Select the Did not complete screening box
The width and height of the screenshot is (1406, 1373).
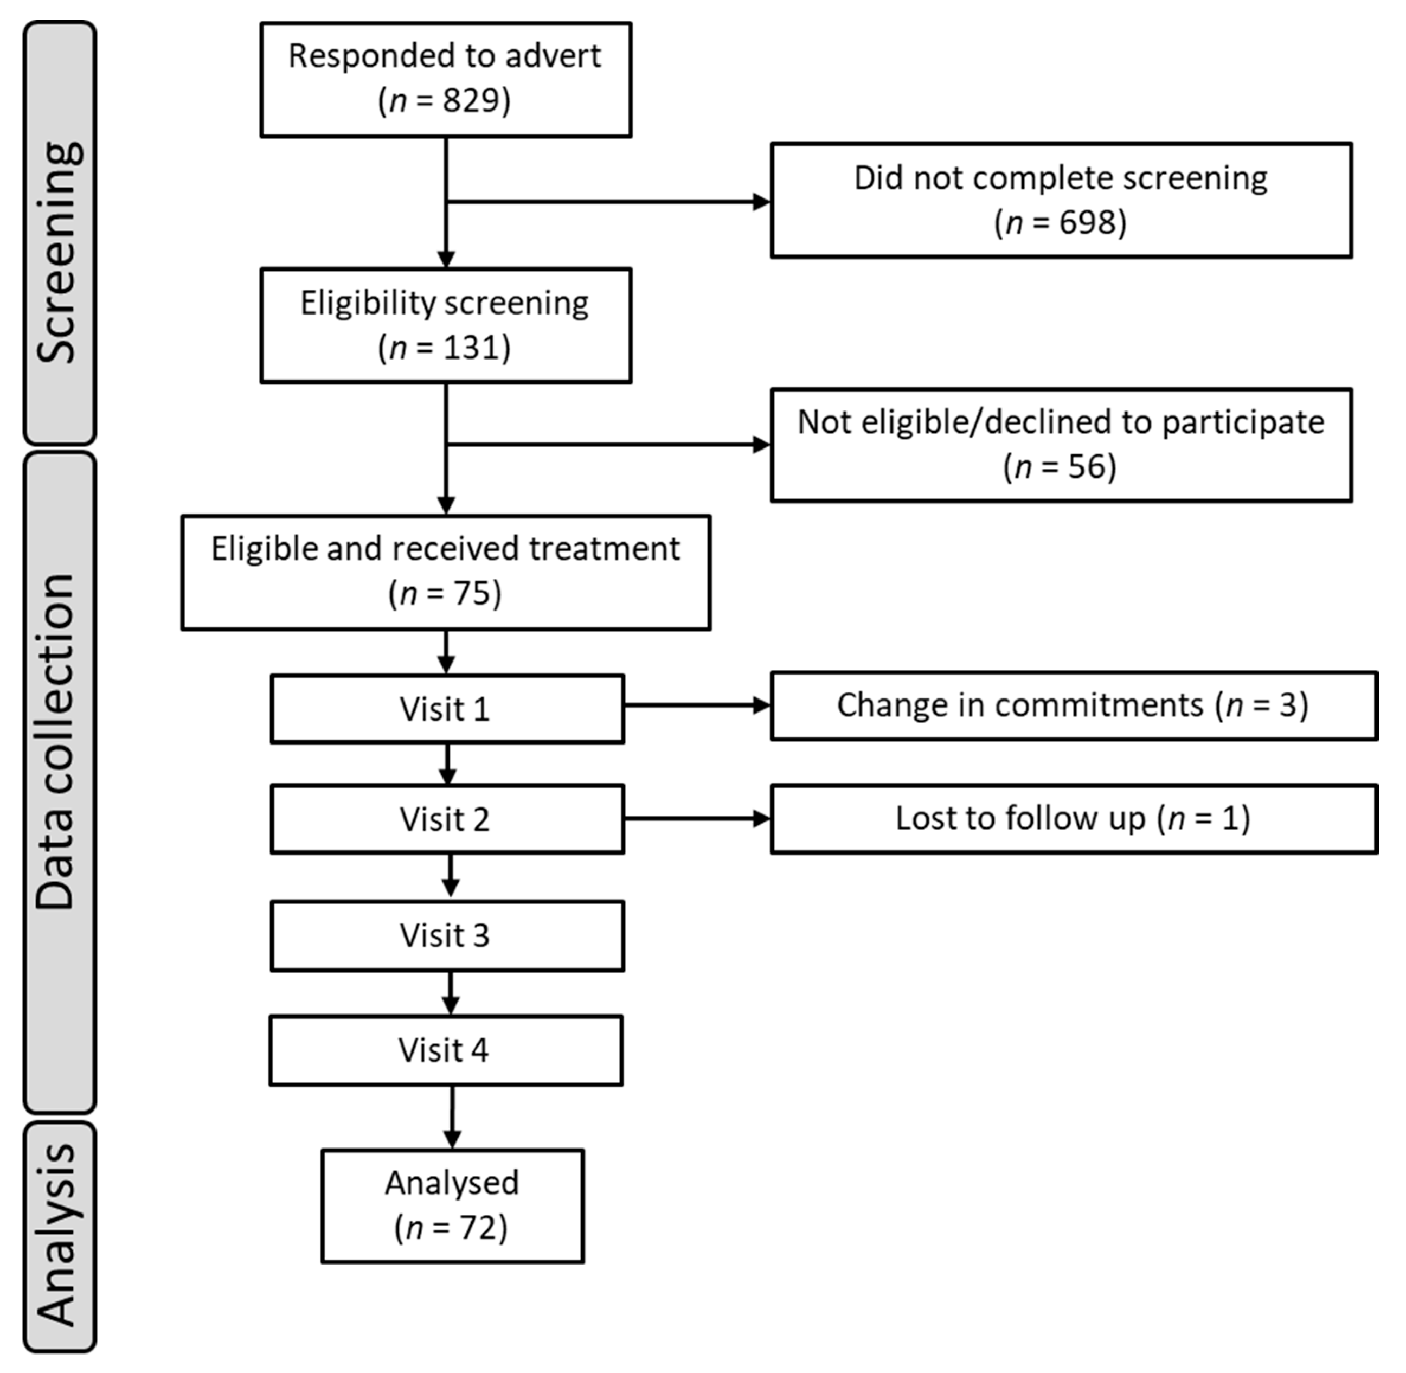[x=1061, y=201]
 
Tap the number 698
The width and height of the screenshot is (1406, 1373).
[x=1087, y=222]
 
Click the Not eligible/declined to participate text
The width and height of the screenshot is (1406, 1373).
[x=1061, y=422]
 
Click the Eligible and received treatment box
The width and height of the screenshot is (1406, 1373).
[x=446, y=572]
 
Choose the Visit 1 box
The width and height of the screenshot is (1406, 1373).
[x=447, y=709]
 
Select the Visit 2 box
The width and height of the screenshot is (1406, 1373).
[x=447, y=819]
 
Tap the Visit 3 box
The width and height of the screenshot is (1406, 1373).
[x=447, y=935]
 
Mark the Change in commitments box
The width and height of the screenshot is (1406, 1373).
[x=1073, y=706]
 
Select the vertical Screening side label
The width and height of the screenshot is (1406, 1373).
[x=59, y=252]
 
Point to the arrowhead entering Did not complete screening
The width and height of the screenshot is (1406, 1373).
[x=761, y=202]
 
